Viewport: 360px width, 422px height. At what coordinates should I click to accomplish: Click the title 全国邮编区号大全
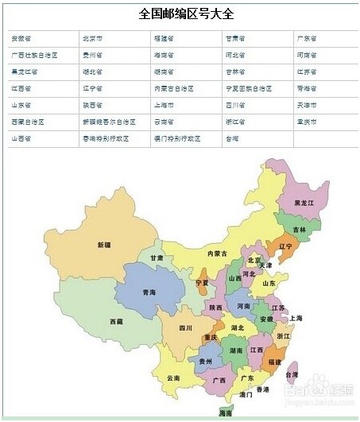pyautogui.click(x=180, y=14)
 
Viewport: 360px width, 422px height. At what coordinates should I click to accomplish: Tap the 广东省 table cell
pyautogui.click(x=307, y=38)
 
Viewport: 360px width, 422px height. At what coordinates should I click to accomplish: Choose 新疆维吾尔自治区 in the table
pyautogui.click(x=109, y=122)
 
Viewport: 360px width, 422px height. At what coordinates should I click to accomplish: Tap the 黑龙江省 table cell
pyautogui.click(x=24, y=72)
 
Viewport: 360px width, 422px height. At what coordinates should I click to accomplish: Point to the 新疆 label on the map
pyautogui.click(x=103, y=245)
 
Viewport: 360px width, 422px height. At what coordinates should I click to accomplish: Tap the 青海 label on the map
pyautogui.click(x=149, y=292)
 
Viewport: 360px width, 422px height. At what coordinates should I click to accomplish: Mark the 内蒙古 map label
pyautogui.click(x=217, y=254)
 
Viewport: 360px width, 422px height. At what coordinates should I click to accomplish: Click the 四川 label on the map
pyautogui.click(x=185, y=327)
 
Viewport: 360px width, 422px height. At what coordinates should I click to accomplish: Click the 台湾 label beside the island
pyautogui.click(x=292, y=374)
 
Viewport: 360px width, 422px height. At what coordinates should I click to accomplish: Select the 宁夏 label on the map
pyautogui.click(x=202, y=282)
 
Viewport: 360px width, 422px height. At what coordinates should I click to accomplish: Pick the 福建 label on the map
pyautogui.click(x=274, y=362)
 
